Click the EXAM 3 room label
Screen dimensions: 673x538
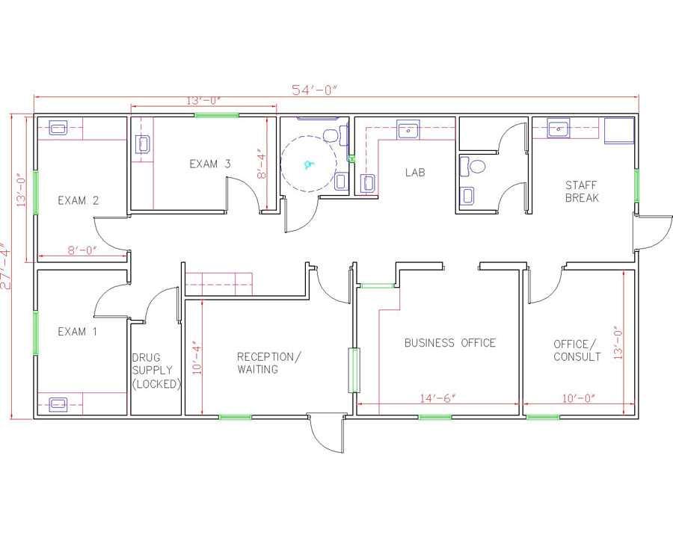210,164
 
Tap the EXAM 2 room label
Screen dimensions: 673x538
78,200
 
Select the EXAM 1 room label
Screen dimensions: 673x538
77,331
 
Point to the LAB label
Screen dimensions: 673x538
415,173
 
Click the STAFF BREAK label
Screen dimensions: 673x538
582,191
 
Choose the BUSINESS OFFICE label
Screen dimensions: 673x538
450,343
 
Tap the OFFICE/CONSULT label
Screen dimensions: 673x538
577,350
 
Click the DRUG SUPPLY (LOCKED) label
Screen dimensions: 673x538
156,371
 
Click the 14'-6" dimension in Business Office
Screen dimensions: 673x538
437,398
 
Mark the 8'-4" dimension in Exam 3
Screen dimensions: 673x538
262,164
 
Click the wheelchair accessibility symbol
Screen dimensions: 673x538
308,164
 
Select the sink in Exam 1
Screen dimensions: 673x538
58,403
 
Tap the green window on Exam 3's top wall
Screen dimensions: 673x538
217,115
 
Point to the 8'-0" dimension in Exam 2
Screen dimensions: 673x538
82,250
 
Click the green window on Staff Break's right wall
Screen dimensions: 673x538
636,186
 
